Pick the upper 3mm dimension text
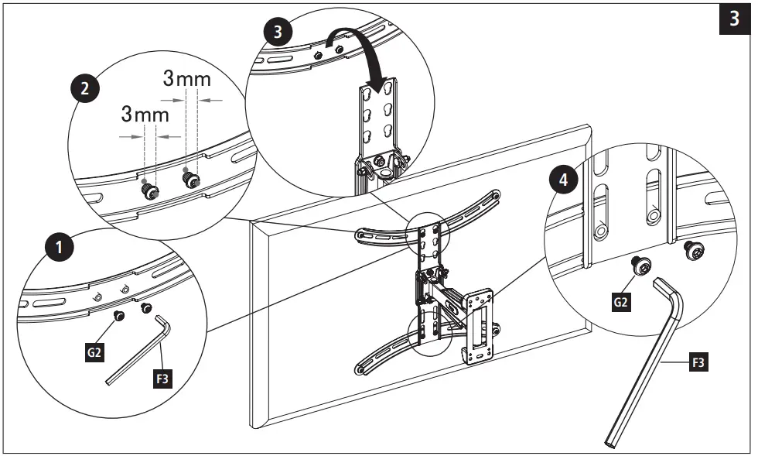pos(186,79)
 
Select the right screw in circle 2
pos(189,180)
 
